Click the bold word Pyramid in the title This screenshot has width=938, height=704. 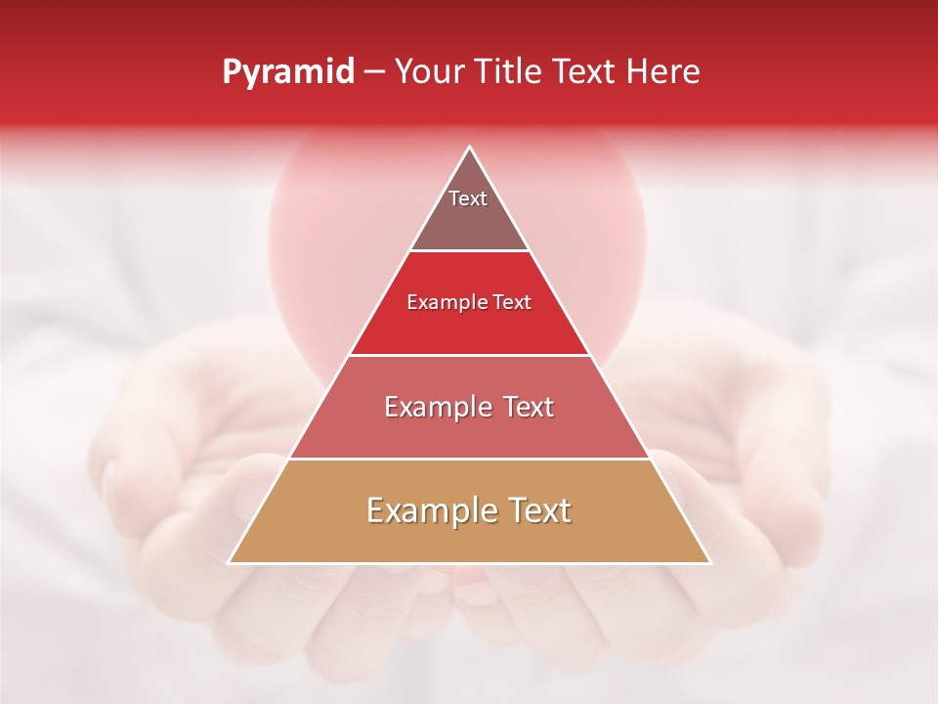(x=287, y=72)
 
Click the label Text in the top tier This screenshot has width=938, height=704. (x=468, y=198)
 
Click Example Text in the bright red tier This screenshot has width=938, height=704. (x=469, y=302)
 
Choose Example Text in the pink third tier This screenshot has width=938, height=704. (x=469, y=407)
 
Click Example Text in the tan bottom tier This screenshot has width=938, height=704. (x=469, y=510)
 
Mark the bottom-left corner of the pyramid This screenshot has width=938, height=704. (x=229, y=563)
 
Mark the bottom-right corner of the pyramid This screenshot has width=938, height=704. (x=710, y=563)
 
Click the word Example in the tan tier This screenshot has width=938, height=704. (x=426, y=510)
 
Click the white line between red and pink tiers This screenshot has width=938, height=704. (x=469, y=355)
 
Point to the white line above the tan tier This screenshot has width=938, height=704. (x=469, y=459)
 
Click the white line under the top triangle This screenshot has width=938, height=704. (x=469, y=251)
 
